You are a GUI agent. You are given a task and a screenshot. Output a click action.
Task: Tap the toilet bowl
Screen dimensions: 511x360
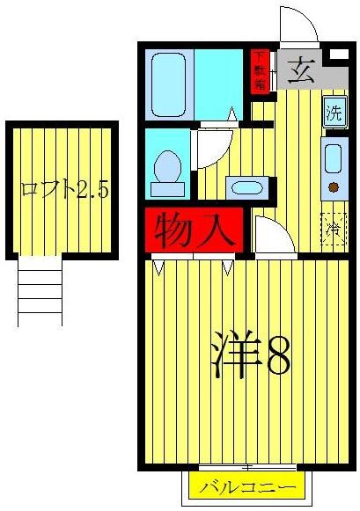[x=166, y=168]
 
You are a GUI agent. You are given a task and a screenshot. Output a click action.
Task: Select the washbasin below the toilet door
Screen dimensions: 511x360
[x=244, y=187]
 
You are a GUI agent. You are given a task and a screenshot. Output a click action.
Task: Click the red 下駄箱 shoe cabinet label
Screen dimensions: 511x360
[x=261, y=70]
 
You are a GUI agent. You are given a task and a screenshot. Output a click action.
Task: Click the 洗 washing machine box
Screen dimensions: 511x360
[x=334, y=113]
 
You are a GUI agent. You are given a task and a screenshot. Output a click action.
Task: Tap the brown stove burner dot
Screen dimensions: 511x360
[x=334, y=186]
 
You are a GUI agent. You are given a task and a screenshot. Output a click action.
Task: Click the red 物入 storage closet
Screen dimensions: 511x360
[x=191, y=230]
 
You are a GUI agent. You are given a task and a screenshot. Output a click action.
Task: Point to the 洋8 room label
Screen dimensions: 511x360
[x=251, y=355]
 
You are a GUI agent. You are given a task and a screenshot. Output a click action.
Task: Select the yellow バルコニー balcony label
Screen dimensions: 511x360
[x=238, y=486]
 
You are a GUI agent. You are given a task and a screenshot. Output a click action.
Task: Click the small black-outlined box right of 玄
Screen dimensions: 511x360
[x=337, y=55]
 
